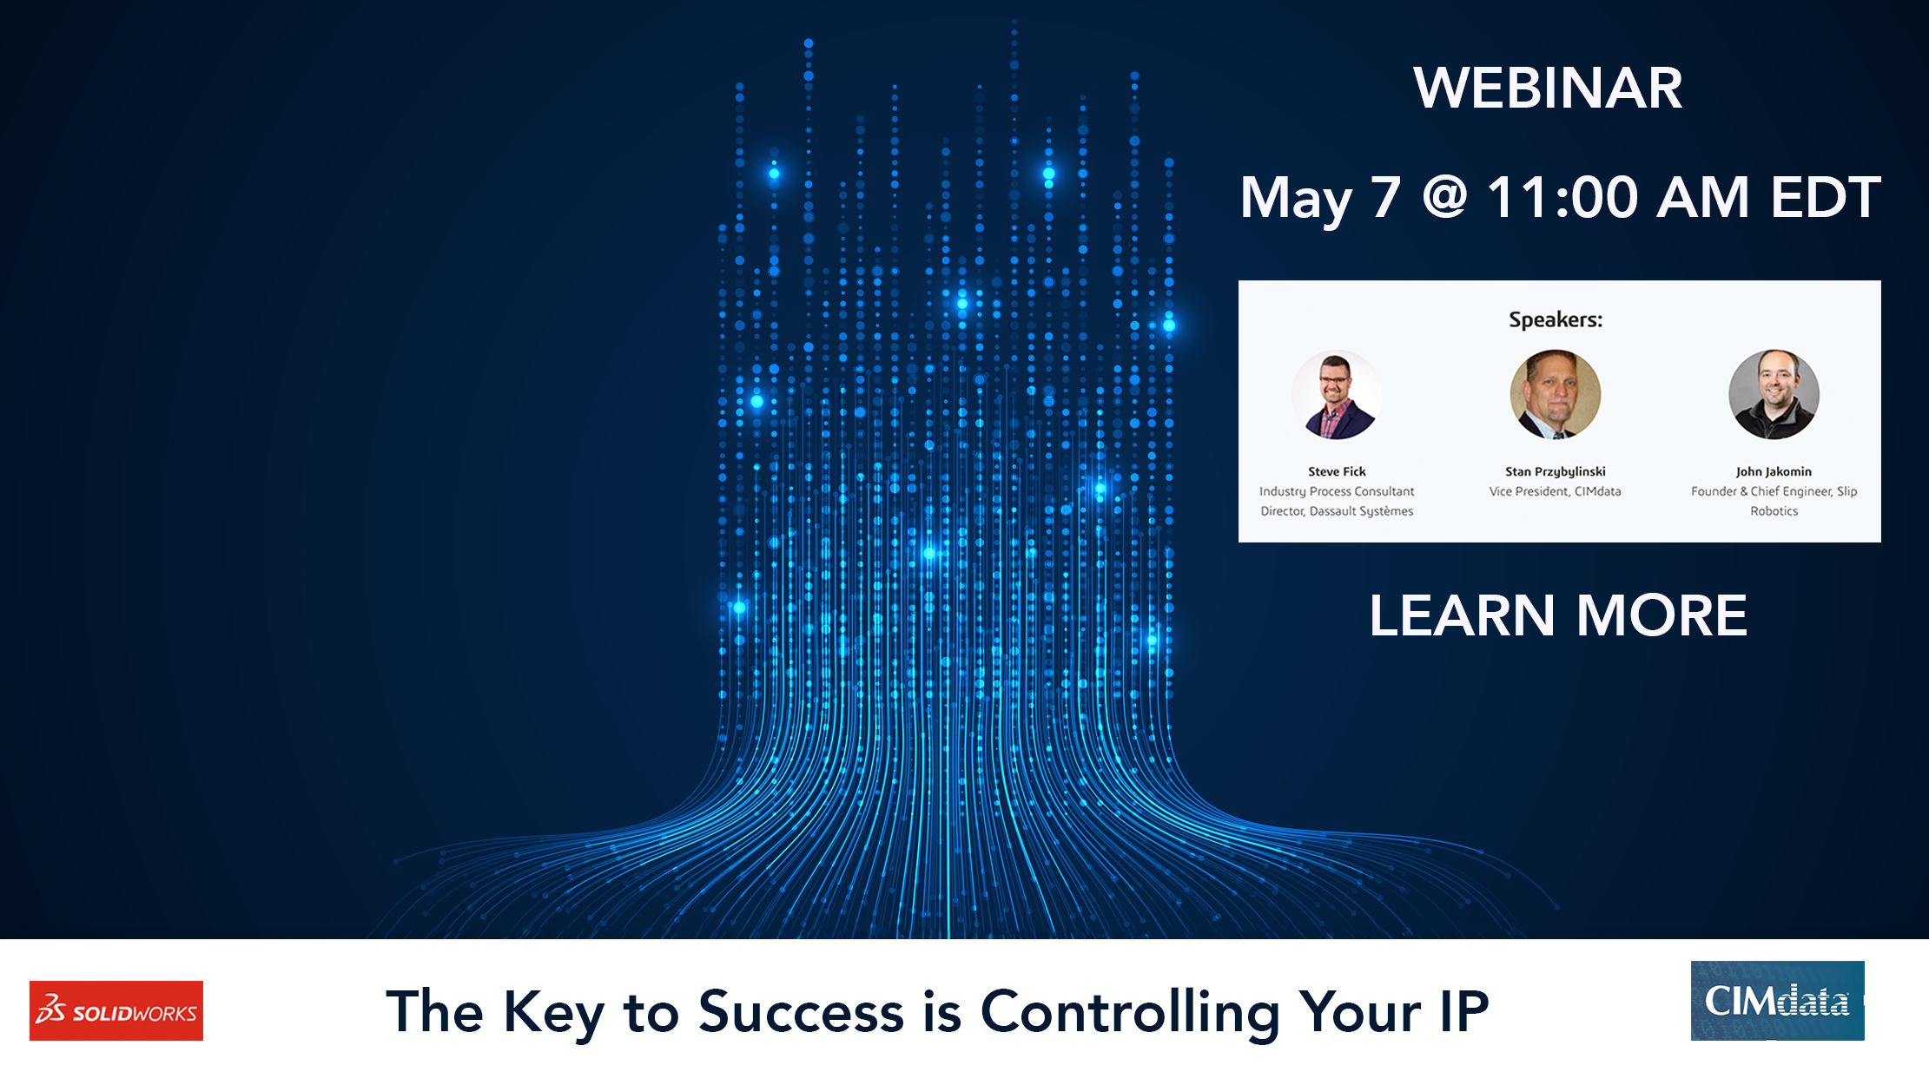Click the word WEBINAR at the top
[1547, 88]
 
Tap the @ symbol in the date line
[1444, 197]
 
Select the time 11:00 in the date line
[1562, 197]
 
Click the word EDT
[1825, 197]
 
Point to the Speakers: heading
[1555, 319]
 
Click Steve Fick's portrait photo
[1337, 395]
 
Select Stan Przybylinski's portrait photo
[1555, 395]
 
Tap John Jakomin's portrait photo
[1774, 395]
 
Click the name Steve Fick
[1337, 471]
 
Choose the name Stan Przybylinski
[1555, 471]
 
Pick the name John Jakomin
[1774, 471]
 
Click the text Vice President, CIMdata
[1555, 491]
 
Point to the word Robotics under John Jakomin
[1774, 511]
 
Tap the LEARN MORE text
[1558, 615]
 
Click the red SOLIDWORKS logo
[116, 1010]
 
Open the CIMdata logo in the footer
[1777, 1001]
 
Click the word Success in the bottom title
[801, 1011]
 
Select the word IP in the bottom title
[1463, 1011]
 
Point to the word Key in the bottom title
[553, 1013]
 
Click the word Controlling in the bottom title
[1129, 1013]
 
